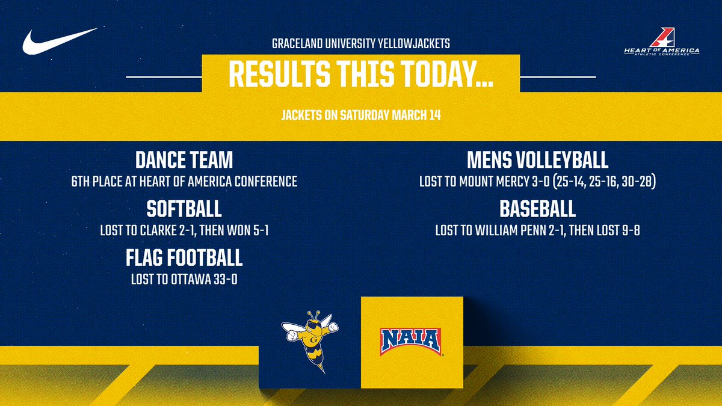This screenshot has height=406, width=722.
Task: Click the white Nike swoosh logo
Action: coord(59,42)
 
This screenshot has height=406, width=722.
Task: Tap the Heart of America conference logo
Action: coord(662,44)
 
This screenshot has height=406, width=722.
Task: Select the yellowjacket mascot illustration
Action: coord(310,339)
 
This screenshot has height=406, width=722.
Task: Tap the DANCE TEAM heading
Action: coord(184,161)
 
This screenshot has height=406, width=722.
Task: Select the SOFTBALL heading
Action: coord(184,209)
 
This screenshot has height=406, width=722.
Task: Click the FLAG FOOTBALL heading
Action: coord(184,258)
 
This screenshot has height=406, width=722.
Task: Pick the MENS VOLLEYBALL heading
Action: coord(537,161)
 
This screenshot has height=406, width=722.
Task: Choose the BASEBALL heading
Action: coord(537,209)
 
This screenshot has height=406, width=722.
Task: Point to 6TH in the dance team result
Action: coord(82,181)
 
